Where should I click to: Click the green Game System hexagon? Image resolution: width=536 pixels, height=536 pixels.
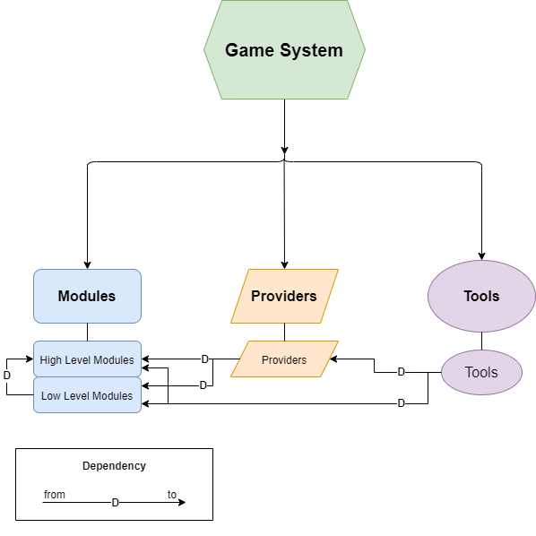(x=284, y=50)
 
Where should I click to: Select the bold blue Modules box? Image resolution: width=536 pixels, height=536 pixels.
(x=87, y=296)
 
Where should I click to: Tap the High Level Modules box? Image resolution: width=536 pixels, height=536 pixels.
(x=87, y=359)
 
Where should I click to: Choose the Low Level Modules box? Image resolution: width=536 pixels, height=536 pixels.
(x=87, y=395)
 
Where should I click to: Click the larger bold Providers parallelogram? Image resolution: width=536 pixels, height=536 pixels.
(x=284, y=296)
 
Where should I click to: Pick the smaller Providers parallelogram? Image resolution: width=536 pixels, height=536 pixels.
(x=284, y=359)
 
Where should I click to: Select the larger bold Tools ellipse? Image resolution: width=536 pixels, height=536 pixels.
(x=481, y=296)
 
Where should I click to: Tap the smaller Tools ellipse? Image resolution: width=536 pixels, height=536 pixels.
(x=481, y=372)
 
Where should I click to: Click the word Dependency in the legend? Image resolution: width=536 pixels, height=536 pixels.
(x=114, y=466)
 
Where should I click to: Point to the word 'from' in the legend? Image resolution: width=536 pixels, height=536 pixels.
(x=55, y=495)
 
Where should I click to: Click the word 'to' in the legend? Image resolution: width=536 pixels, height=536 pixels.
(x=172, y=495)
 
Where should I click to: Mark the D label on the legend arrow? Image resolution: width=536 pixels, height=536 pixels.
(x=115, y=503)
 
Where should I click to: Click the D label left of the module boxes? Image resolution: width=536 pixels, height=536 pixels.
(x=7, y=375)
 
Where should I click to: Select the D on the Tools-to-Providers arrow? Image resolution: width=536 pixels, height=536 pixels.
(x=401, y=371)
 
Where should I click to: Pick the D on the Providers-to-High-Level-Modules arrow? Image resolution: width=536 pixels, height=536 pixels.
(x=204, y=359)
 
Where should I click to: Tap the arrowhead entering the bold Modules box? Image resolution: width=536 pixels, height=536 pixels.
(x=87, y=264)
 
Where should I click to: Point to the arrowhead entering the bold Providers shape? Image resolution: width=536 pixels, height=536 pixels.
(x=284, y=264)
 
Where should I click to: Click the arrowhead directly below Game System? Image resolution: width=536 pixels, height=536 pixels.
(x=284, y=149)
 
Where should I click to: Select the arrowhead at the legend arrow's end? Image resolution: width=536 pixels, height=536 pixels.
(x=182, y=503)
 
